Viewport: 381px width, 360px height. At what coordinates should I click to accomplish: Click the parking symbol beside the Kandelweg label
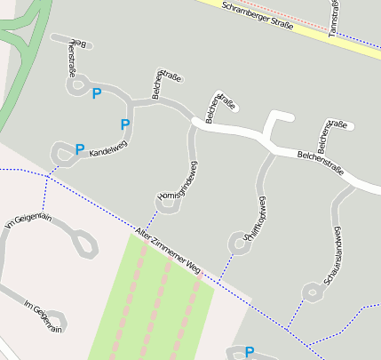click(x=80, y=149)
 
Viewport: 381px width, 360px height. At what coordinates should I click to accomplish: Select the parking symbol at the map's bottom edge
click(x=249, y=352)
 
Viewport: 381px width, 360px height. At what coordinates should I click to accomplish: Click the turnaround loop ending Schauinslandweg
click(x=310, y=291)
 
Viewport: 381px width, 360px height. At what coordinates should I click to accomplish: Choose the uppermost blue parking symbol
click(x=97, y=93)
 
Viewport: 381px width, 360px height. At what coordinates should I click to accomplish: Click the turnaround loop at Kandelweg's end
click(x=60, y=152)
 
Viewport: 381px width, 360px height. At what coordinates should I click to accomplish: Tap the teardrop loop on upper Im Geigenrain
click(x=86, y=244)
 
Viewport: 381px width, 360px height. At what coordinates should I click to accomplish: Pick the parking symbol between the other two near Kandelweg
click(x=124, y=124)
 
